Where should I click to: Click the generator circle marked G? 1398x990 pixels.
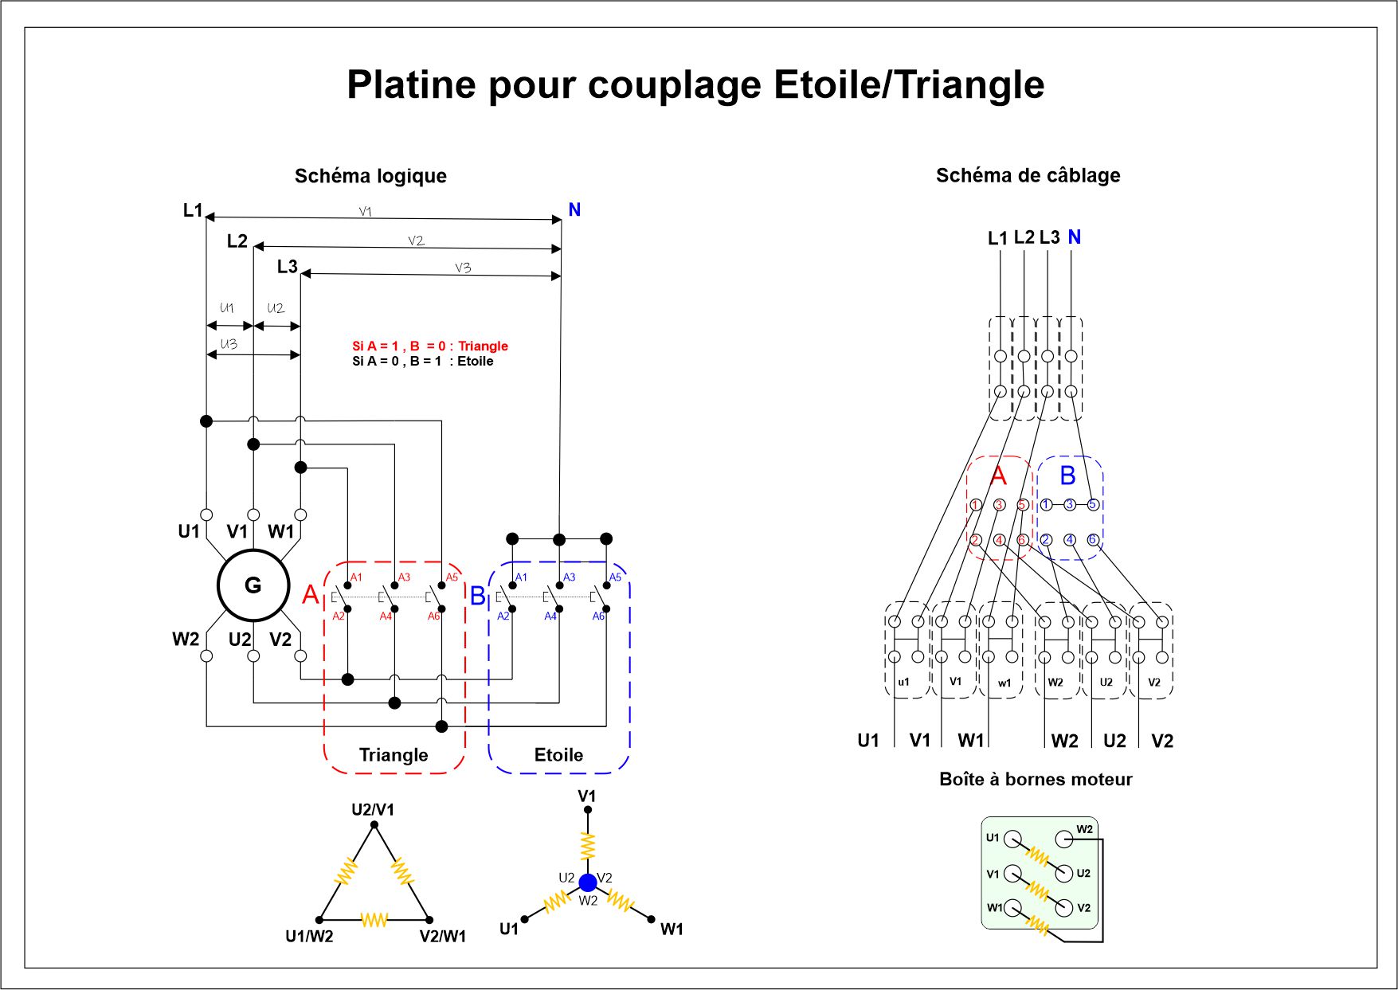point(253,585)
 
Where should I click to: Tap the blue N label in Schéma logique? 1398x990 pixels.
point(574,210)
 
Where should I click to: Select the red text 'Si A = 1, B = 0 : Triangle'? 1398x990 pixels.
point(430,346)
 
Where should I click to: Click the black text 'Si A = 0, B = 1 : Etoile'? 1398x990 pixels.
point(423,362)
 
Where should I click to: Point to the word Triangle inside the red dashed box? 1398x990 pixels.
point(394,755)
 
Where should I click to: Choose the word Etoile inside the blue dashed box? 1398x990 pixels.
point(558,755)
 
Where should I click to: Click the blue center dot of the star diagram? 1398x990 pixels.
point(588,882)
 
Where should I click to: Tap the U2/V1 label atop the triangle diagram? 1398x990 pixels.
point(373,810)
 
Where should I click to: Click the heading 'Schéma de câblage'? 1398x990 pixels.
point(1028,176)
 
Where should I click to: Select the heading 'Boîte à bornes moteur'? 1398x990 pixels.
point(1036,780)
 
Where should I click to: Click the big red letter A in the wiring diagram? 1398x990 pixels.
point(998,476)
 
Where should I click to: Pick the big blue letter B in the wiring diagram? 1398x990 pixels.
point(1068,476)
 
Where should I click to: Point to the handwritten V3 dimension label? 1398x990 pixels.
point(463,268)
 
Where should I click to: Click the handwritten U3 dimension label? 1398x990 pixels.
point(229,344)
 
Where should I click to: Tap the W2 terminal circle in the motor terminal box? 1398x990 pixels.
point(1064,839)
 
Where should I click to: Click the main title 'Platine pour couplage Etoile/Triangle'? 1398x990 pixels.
point(695,84)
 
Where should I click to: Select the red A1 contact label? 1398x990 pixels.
point(356,577)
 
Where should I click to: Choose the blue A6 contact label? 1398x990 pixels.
point(598,616)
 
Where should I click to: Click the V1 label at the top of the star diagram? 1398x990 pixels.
point(587,796)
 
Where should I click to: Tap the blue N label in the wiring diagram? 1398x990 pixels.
point(1074,237)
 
